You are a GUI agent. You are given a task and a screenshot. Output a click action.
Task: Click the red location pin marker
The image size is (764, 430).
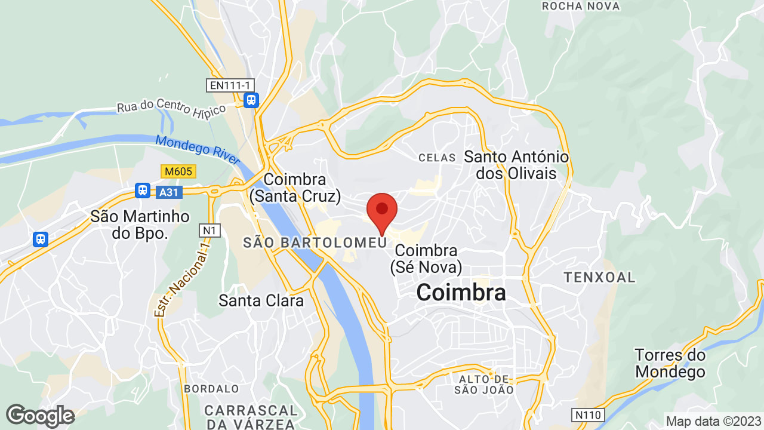[382, 210]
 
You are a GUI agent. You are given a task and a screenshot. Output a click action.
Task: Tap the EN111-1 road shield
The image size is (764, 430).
[229, 85]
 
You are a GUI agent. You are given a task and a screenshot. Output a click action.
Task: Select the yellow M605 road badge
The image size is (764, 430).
[178, 172]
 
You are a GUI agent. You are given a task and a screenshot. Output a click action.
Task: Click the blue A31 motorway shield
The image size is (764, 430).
[170, 192]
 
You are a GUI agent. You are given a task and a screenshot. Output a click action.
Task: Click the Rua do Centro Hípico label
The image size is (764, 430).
[172, 107]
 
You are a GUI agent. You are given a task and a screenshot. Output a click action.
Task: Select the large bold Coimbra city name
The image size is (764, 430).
[461, 293]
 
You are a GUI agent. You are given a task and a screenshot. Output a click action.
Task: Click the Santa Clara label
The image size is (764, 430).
[261, 300]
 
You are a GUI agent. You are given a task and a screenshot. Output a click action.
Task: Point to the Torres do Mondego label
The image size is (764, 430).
[670, 363]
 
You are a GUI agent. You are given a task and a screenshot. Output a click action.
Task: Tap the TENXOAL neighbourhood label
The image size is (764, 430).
[599, 278]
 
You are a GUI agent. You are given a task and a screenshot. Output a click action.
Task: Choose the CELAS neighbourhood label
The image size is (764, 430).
[437, 158]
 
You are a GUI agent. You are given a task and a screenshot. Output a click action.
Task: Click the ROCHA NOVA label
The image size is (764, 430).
[580, 6]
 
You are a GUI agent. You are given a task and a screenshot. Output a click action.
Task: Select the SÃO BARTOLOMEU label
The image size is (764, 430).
[315, 242]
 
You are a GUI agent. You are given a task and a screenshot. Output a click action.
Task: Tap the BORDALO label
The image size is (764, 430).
[211, 389]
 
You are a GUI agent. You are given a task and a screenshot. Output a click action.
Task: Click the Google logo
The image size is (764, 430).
[40, 416]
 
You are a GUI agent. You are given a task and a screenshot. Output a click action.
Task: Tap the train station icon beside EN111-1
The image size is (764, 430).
[251, 100]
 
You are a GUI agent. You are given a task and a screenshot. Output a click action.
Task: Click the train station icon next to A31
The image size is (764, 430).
[142, 191]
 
